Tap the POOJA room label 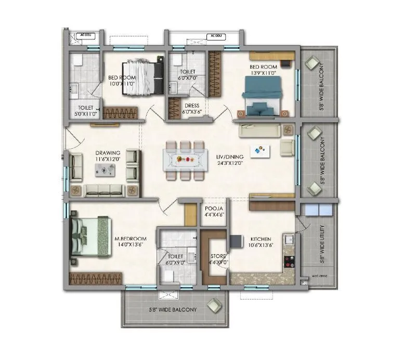coord(214,206)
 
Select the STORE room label coord(216,256)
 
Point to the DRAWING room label coord(108,153)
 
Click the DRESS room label coord(191,105)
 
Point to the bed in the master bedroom coord(89,237)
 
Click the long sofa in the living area coord(259,130)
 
